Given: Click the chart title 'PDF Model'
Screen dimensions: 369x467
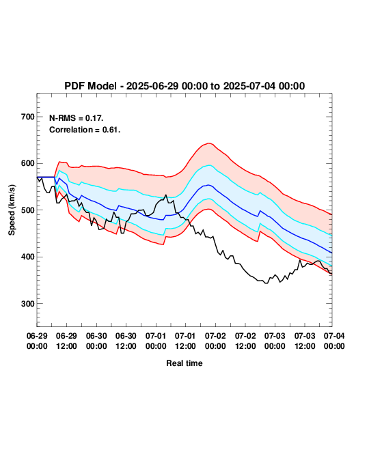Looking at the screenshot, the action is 90,86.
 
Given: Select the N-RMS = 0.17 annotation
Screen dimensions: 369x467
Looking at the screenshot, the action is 76,118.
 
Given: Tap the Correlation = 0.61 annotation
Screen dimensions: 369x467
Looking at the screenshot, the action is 85,130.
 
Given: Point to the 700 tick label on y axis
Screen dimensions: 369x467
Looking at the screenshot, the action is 28,117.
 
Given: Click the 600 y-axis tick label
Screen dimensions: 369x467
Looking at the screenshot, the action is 28,163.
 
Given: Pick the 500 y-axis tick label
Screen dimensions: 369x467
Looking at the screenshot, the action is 28,210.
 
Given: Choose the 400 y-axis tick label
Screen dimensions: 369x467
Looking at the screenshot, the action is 28,257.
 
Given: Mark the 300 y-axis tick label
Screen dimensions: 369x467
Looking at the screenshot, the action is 28,304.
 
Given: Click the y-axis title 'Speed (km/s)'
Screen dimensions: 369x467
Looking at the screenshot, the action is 12,210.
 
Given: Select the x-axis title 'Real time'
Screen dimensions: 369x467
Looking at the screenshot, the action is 184,363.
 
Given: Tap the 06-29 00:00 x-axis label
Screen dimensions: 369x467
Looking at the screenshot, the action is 37,341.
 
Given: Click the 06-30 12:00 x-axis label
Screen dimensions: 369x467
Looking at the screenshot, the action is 126,341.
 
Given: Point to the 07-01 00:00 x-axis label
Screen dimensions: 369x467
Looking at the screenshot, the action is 156,341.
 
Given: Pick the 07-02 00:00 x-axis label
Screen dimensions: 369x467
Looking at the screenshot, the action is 215,341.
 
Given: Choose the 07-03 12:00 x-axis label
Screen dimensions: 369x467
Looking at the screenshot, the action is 305,341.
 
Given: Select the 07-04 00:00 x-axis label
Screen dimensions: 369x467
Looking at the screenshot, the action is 334,341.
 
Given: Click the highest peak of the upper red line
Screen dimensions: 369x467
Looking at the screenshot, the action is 209,143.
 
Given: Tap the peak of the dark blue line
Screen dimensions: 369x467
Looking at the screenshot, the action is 208,185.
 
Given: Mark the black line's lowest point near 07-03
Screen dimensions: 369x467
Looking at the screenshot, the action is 266,283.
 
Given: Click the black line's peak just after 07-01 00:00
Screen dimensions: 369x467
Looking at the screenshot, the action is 166,195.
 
